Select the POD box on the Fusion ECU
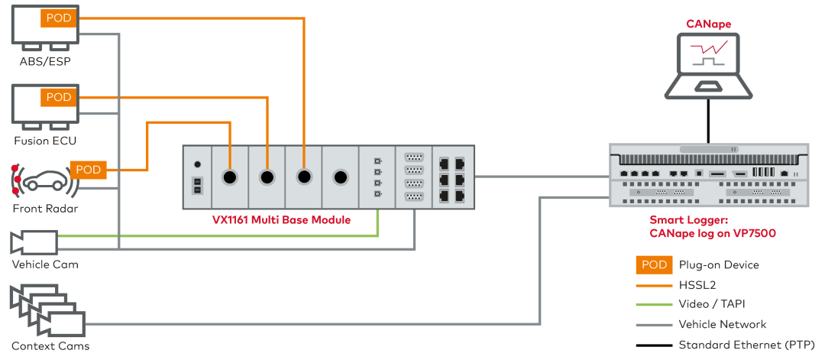point(60,97)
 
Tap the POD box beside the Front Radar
point(89,170)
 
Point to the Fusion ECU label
point(45,141)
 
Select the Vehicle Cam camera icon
point(34,242)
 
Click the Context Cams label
point(50,345)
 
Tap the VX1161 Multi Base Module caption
point(281,220)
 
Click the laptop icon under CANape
point(708,65)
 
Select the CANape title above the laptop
point(708,24)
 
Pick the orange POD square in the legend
point(653,264)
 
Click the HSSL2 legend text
point(697,284)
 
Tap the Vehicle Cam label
point(45,264)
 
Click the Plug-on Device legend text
point(719,264)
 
